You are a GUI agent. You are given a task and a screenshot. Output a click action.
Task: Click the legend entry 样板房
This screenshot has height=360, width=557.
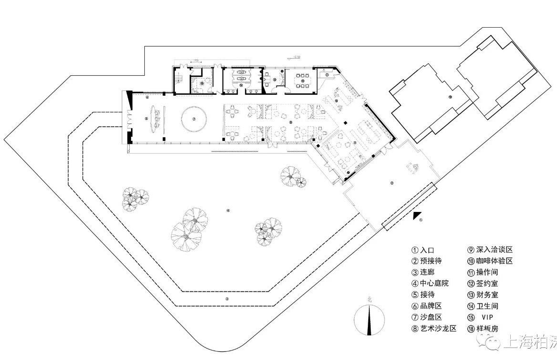[x=483, y=329]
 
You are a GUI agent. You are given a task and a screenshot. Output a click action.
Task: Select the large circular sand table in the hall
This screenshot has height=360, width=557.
[x=194, y=119]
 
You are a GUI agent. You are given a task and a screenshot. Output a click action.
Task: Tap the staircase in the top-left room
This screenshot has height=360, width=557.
[x=180, y=76]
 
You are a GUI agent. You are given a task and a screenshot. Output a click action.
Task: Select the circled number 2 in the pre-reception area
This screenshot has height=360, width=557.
[x=392, y=183]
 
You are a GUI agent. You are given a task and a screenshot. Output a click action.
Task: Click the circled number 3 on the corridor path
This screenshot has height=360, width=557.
[x=227, y=299]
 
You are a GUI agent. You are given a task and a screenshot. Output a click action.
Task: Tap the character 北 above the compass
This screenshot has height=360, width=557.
[x=369, y=300]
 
